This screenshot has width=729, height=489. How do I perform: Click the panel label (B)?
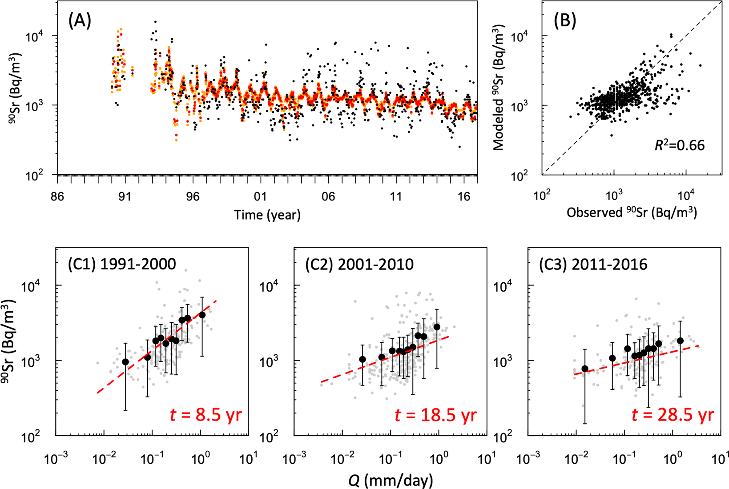pos(564,21)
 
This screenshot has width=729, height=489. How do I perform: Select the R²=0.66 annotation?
pos(679,145)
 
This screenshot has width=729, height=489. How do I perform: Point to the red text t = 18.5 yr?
pos(435,415)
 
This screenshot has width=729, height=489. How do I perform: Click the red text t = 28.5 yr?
pos(673,415)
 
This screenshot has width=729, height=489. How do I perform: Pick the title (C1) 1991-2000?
pos(122,265)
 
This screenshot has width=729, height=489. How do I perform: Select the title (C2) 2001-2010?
pos(359,265)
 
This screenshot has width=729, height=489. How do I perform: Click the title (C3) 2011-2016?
pos(593,265)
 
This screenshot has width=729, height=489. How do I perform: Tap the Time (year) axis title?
pos(267,215)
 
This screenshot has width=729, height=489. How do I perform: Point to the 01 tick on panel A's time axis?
pos(260,196)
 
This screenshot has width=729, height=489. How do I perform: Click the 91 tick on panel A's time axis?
pos(125,196)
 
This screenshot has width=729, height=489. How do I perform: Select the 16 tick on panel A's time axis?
pos(464,196)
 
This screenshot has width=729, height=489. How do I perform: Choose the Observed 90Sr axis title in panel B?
pos(632,213)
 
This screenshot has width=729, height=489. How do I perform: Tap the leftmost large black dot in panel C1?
pos(125,362)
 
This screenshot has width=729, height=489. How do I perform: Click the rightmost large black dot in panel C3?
pos(680,341)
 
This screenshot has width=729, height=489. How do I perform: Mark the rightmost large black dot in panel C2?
pos(437,327)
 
